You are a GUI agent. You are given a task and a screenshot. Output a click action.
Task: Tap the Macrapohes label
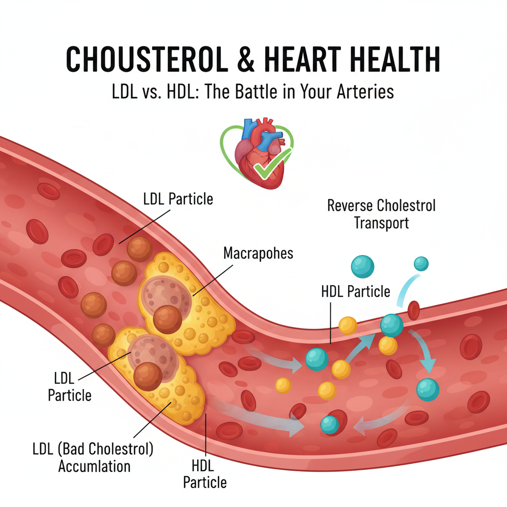click(x=258, y=253)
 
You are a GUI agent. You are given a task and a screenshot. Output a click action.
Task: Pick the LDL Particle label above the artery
click(x=178, y=199)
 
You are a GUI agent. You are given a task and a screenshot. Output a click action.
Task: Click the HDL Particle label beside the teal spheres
click(x=355, y=291)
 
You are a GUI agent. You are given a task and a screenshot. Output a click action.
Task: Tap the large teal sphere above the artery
click(x=362, y=266)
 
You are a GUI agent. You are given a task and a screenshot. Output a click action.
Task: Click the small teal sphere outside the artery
click(x=421, y=263)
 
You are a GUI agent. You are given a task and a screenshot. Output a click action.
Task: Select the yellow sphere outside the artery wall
click(x=348, y=325)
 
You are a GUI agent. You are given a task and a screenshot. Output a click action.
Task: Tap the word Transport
click(x=381, y=223)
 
